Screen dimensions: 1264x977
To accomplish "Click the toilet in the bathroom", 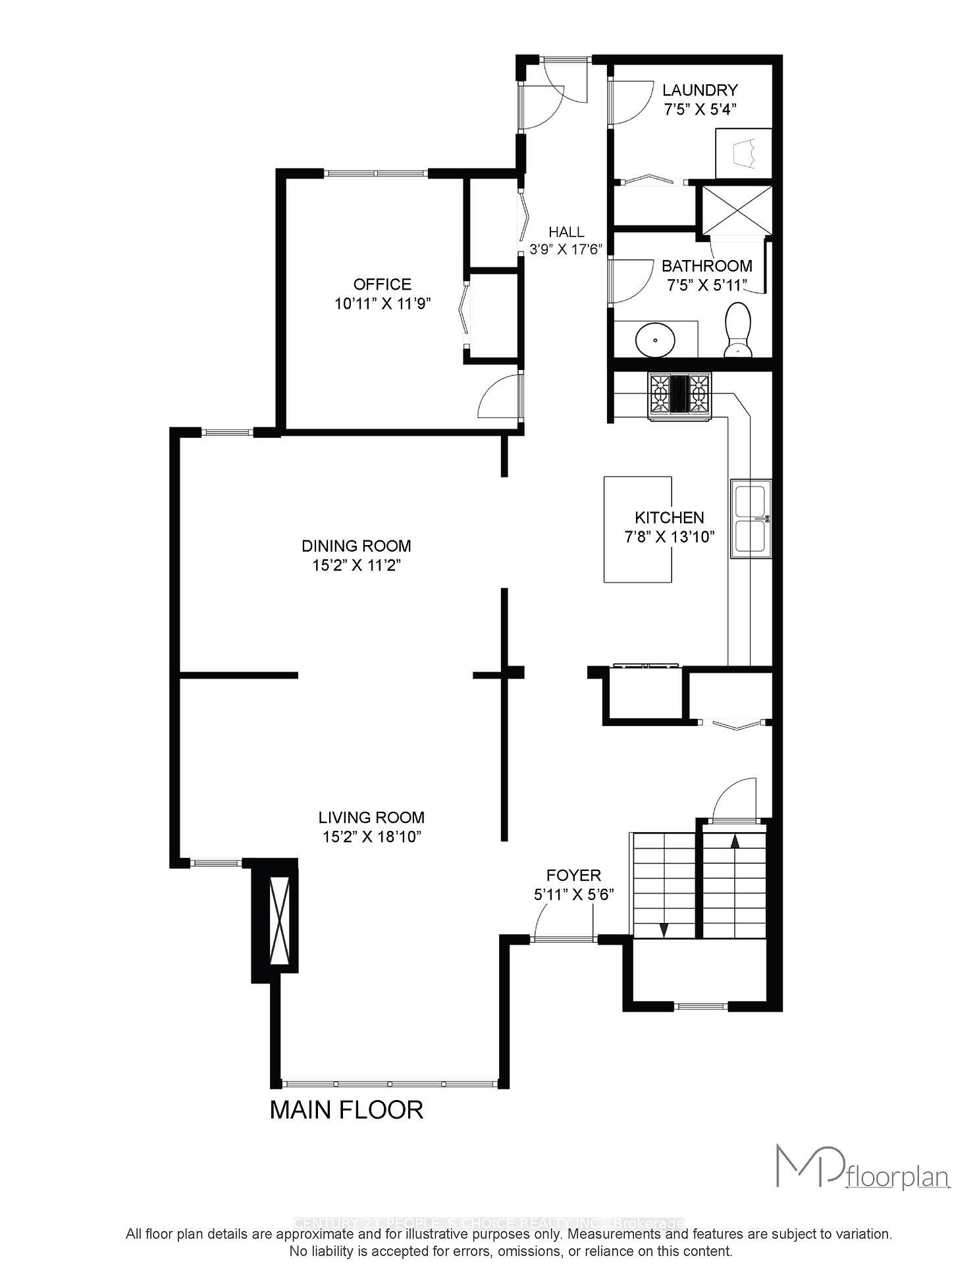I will click(738, 330).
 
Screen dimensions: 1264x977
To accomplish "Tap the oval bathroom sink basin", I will click(655, 340).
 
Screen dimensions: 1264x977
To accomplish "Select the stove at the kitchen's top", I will click(680, 395).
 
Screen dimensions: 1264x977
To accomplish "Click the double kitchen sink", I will click(751, 519).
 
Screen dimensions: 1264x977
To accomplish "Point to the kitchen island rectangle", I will click(638, 529).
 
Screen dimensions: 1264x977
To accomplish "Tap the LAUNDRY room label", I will click(699, 90).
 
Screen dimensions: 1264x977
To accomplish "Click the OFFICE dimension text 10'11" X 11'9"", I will click(383, 303).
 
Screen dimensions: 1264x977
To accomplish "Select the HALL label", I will click(566, 232).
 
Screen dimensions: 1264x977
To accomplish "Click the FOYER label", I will click(573, 875).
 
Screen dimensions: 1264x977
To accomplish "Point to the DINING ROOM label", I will click(356, 546).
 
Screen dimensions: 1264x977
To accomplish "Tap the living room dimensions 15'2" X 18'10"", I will click(371, 837).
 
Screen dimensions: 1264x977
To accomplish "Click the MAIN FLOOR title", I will click(346, 1109).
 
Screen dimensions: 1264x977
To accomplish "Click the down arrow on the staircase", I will click(664, 930).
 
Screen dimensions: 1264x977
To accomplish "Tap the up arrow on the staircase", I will click(735, 841).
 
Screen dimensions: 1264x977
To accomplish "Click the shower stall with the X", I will click(736, 209).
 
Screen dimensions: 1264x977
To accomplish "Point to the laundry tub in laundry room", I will click(743, 153).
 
